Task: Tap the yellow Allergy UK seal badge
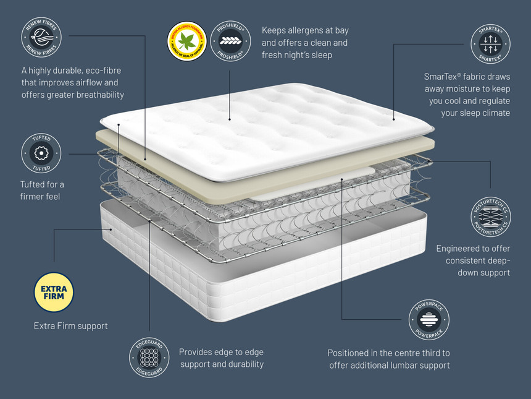(186, 42)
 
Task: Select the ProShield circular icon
(230, 42)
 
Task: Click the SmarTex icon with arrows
(490, 43)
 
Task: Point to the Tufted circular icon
(41, 153)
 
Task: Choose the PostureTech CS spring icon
(490, 217)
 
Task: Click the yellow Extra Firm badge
(54, 292)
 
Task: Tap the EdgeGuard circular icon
(149, 358)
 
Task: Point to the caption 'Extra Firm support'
(70, 325)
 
